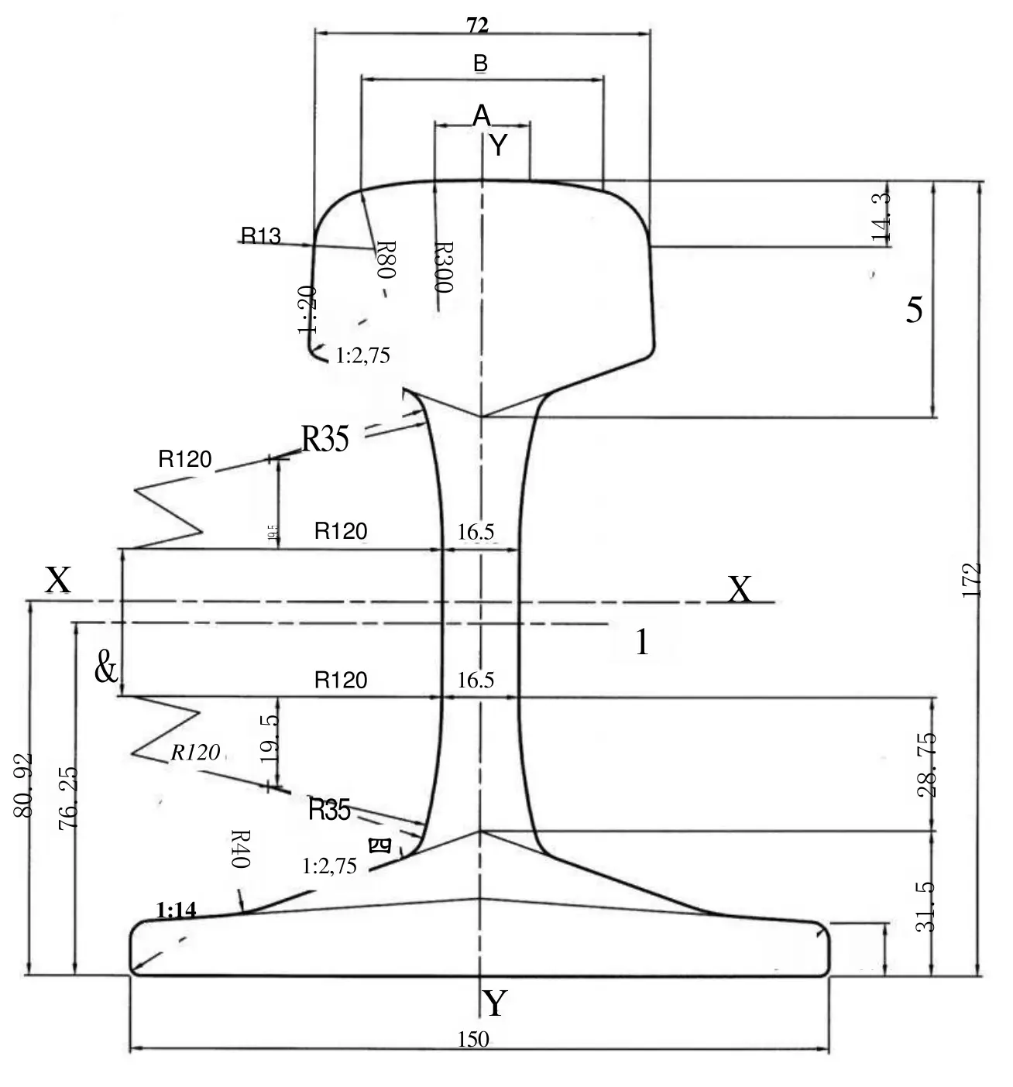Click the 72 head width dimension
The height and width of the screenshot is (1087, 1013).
[x=478, y=26]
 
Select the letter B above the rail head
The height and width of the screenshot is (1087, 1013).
[x=480, y=63]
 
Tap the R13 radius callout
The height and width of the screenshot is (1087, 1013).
[x=261, y=235]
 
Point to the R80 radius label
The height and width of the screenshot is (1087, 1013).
[x=386, y=259]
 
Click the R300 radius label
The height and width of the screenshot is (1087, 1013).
[x=442, y=266]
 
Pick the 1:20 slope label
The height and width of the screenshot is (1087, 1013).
[x=307, y=310]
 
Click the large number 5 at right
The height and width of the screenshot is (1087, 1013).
[x=915, y=310]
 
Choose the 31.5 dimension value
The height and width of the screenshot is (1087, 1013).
[x=928, y=906]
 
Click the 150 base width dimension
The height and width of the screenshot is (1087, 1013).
[x=473, y=1039]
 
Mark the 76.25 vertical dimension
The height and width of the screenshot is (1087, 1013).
[x=67, y=798]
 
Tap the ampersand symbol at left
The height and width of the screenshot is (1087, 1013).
[x=106, y=667]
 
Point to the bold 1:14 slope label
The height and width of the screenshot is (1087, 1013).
[x=177, y=910]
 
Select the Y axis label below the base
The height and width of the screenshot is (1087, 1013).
[x=494, y=1004]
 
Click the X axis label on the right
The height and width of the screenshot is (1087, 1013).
[x=740, y=591]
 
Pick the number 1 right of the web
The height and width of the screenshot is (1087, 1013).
[x=642, y=643]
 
